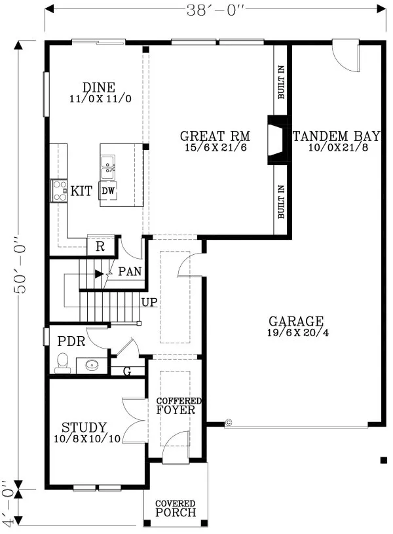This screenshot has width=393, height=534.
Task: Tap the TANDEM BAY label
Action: click(x=336, y=137)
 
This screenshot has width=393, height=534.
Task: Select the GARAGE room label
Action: click(x=295, y=322)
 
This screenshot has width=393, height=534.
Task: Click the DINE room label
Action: click(x=99, y=88)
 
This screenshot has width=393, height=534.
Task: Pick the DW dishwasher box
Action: click(x=108, y=191)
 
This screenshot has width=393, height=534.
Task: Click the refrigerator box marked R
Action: click(x=101, y=246)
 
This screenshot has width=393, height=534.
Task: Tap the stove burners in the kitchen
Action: click(x=60, y=191)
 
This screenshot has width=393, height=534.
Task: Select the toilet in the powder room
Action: click(x=63, y=363)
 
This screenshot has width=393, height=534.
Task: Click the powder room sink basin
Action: click(x=90, y=365)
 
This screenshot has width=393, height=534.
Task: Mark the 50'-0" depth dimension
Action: click(x=20, y=269)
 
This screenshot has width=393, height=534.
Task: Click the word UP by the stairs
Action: click(x=149, y=303)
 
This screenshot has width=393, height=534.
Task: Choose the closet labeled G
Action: click(x=128, y=372)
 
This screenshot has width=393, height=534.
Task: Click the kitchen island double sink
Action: click(x=108, y=166)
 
